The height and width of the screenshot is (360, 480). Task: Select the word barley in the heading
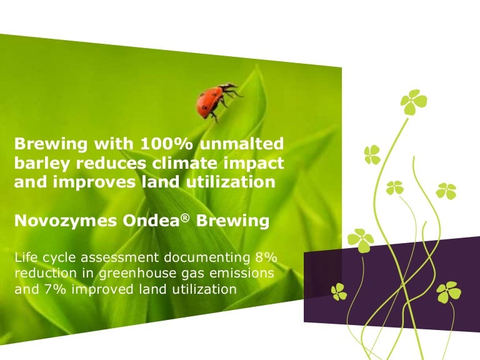(x=36, y=164)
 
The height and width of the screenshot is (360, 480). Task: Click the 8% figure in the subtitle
(x=264, y=257)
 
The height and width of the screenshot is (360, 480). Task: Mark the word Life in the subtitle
(x=24, y=257)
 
